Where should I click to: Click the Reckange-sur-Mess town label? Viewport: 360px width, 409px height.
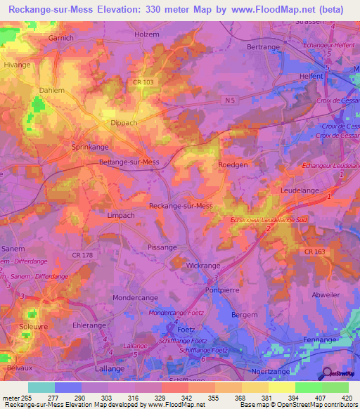click(181, 206)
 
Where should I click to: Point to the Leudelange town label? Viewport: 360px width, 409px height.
click(300, 190)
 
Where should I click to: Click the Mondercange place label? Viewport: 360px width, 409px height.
click(135, 298)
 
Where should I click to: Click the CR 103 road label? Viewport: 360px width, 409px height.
click(142, 83)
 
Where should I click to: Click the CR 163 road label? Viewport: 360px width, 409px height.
click(316, 251)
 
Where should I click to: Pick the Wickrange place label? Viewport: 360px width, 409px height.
click(203, 266)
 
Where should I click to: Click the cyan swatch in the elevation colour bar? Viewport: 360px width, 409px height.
click(41, 387)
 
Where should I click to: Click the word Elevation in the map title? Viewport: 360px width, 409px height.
click(120, 10)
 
